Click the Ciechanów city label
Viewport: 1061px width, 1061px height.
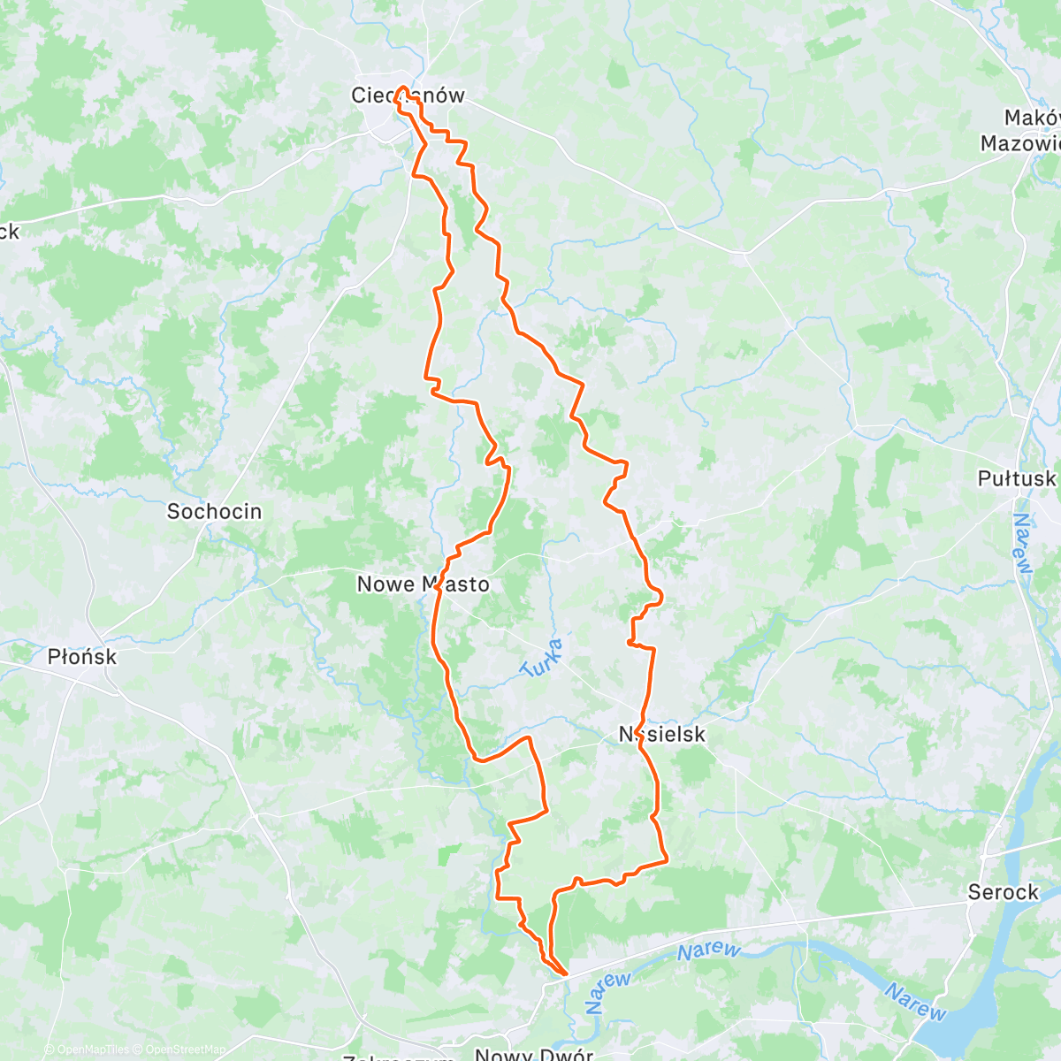tap(408, 95)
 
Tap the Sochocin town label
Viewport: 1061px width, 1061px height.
tap(214, 511)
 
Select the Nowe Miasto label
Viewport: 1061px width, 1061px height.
tap(423, 584)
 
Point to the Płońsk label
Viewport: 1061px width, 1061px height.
tap(81, 657)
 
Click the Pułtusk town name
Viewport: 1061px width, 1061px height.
tap(1016, 478)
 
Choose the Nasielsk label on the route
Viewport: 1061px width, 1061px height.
tap(662, 734)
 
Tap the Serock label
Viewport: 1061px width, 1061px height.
tap(1003, 892)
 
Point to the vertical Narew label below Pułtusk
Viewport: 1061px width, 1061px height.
tap(1022, 543)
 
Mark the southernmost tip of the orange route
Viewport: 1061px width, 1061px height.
tap(564, 975)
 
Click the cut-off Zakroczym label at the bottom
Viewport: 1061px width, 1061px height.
tap(398, 1057)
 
